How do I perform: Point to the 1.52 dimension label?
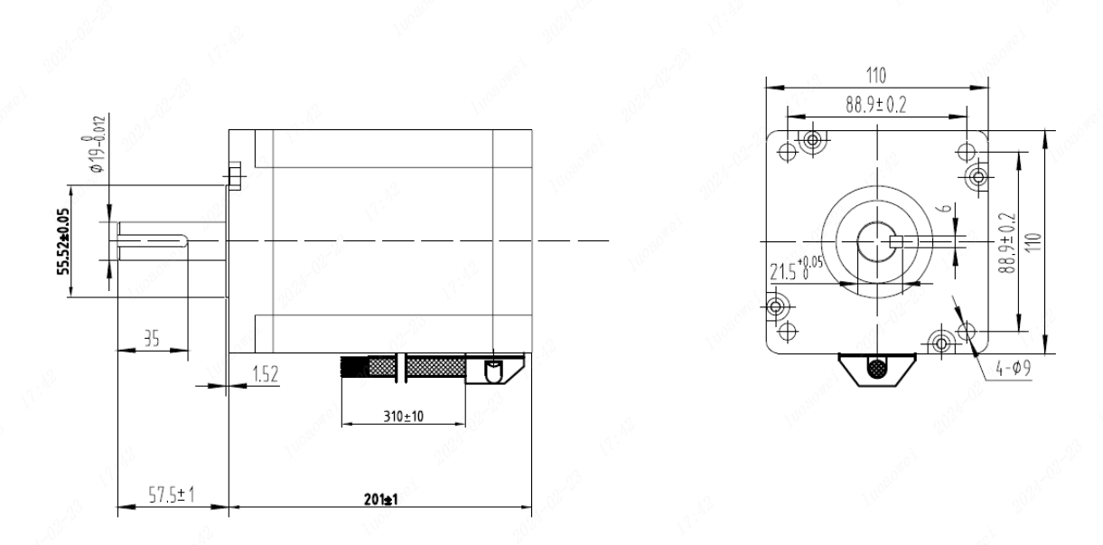coord(266,376)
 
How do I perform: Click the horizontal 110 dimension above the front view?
coord(875,75)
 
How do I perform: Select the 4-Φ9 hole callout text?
coord(1012,369)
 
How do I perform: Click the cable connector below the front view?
coord(877,369)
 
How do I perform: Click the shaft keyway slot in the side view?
coord(152,240)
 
